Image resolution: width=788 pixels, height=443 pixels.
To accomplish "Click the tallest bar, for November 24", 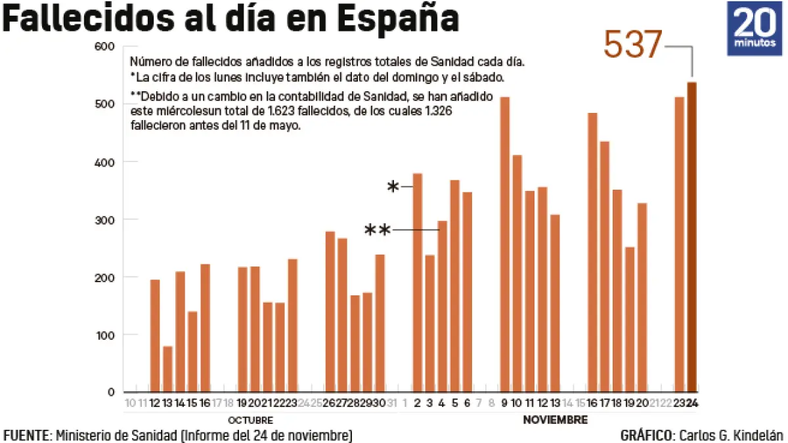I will point(692,237).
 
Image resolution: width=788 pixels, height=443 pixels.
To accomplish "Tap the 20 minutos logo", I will point(754,28).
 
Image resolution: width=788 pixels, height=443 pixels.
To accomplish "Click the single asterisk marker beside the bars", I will point(393,188).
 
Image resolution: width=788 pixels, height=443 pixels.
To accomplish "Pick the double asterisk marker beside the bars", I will point(378,230).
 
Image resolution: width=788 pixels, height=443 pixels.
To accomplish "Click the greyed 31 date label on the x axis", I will point(392,403).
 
